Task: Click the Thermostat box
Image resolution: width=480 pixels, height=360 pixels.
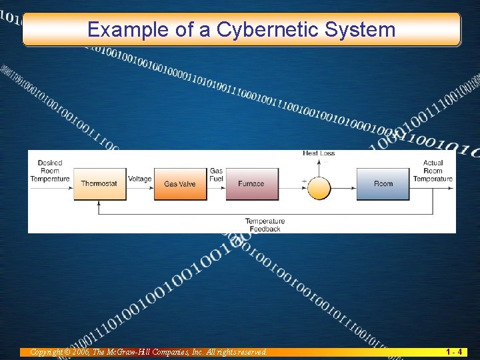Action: [x=99, y=184]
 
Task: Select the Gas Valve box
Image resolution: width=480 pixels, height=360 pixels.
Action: [x=180, y=184]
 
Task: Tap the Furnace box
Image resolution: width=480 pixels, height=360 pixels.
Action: [x=251, y=184]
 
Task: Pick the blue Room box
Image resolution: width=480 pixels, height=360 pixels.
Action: [x=383, y=184]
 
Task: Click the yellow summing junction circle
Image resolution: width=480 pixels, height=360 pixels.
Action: [x=319, y=187]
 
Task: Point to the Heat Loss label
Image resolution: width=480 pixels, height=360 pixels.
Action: [x=319, y=153]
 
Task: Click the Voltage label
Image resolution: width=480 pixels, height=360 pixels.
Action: [x=140, y=179]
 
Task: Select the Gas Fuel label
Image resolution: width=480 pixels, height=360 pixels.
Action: [x=216, y=175]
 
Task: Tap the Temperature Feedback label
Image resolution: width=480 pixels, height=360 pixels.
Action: [x=265, y=225]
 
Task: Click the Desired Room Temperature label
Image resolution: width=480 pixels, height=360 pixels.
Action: [x=50, y=171]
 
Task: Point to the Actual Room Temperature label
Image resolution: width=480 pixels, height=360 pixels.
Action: [x=433, y=171]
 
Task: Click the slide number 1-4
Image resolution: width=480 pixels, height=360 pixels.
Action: [x=455, y=351]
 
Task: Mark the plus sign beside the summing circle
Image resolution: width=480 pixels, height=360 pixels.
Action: [x=304, y=181]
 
